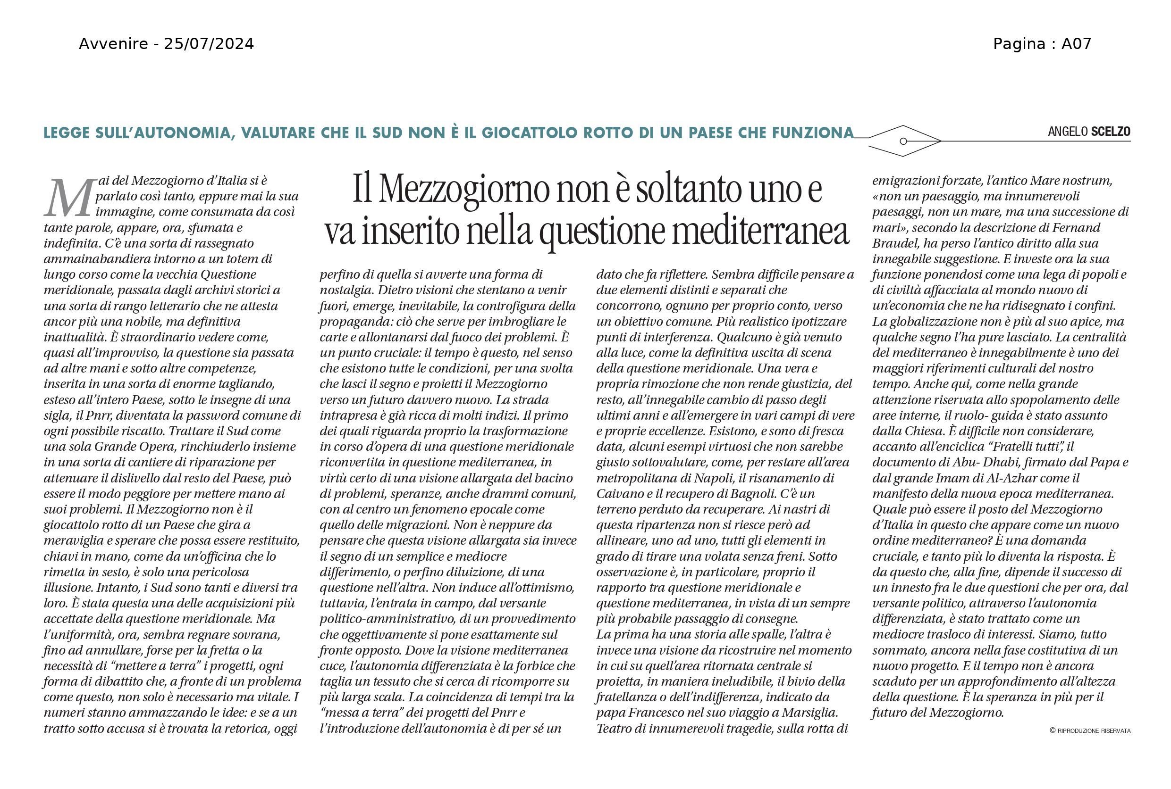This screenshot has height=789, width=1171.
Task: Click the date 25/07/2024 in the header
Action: tap(209, 44)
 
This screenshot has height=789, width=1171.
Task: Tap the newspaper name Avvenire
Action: tap(113, 44)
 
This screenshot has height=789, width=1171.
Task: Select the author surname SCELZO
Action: tap(1110, 132)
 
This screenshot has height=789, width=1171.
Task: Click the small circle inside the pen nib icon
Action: tap(903, 141)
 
